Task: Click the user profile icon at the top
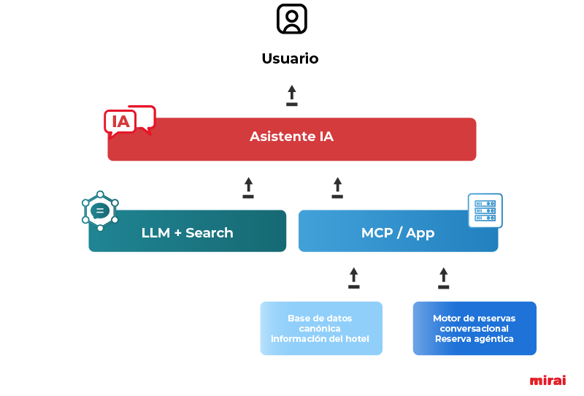(x=292, y=19)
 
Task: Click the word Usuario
(x=291, y=58)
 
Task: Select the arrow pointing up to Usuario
(x=292, y=95)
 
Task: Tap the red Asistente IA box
(x=292, y=139)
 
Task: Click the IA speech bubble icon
(x=129, y=121)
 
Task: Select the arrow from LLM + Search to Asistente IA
(x=248, y=187)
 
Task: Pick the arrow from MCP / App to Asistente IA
(x=337, y=187)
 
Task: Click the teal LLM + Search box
(x=188, y=232)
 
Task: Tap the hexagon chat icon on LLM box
(x=100, y=211)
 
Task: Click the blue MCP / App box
(x=398, y=232)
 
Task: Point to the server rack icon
(x=485, y=210)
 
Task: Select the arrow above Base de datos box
(x=354, y=278)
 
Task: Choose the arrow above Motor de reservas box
(x=443, y=278)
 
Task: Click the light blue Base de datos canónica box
(x=321, y=328)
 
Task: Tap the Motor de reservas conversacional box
(x=474, y=328)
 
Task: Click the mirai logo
(x=547, y=381)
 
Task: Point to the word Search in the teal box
(x=210, y=233)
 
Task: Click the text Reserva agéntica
(x=474, y=339)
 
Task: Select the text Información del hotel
(x=320, y=339)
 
